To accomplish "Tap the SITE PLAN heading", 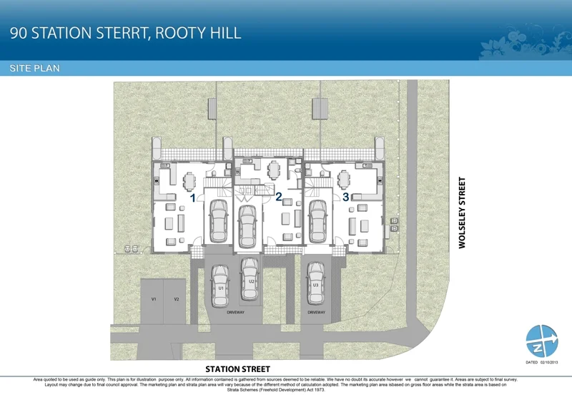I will pos(34,69).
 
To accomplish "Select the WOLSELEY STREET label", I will pos(462,213).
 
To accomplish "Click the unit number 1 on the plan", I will pos(193,196).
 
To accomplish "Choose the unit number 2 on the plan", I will pos(279,196).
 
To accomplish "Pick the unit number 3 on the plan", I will pos(345,196).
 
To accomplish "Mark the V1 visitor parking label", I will pos(154,298).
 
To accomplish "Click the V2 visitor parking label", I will pos(176,298).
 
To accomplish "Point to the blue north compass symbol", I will pos(541,341).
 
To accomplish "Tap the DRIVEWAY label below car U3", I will pos(316,313).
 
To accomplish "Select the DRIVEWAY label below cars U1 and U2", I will pos(235,313).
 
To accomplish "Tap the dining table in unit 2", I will pos(273,170).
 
